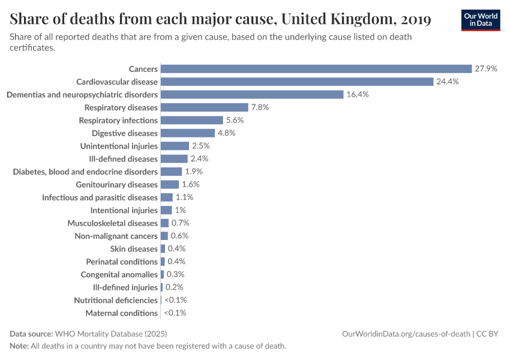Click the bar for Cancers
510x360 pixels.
coord(316,69)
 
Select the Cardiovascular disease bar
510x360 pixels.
coord(297,82)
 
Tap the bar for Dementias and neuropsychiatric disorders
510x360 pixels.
coord(252,95)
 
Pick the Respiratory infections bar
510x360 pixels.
coord(192,121)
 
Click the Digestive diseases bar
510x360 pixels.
coord(188,133)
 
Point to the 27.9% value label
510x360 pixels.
coord(486,69)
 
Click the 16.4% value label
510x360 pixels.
coord(358,95)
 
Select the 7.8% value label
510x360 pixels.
coord(260,107)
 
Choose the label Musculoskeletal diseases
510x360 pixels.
coord(112,223)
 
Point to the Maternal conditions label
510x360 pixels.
coord(121,313)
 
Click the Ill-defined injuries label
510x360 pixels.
coord(121,287)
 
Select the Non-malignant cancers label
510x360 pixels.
coord(116,236)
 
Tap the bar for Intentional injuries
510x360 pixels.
coord(166,210)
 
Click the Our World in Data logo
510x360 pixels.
coord(480,20)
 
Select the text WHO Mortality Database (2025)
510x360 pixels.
coord(111,334)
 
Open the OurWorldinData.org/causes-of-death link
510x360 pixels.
coord(406,334)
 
